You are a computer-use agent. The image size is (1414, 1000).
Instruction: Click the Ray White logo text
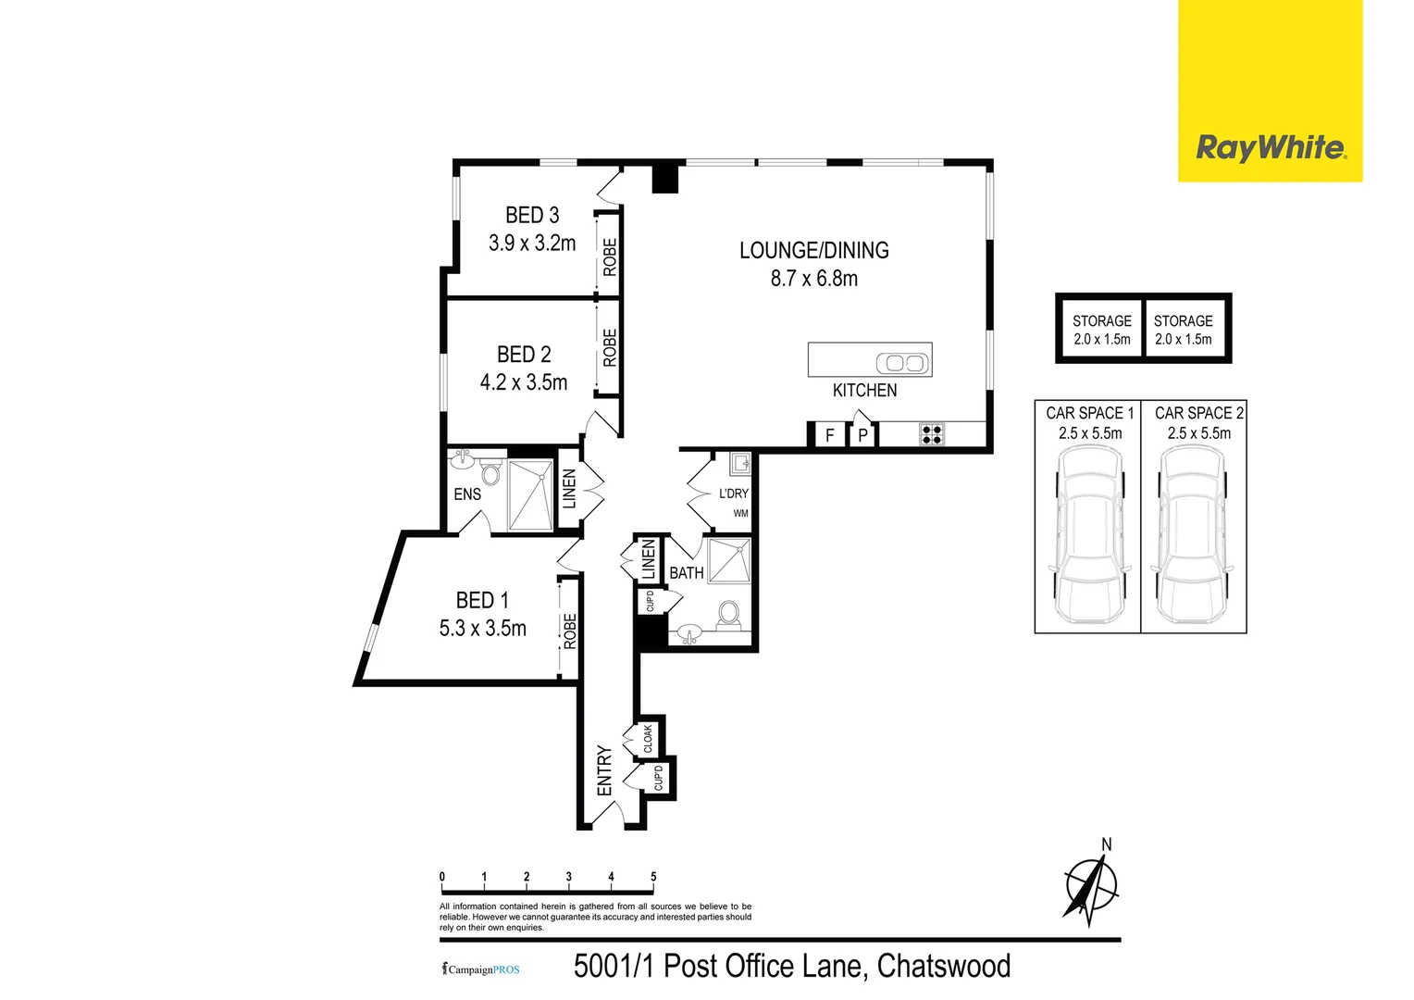(1270, 148)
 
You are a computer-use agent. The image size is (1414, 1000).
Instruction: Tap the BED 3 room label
(532, 216)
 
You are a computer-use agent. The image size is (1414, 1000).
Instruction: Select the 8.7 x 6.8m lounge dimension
(814, 279)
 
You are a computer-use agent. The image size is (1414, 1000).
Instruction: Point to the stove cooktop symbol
(931, 434)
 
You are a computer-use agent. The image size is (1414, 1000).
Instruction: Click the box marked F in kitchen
(829, 434)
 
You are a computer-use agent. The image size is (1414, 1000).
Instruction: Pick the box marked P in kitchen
(862, 434)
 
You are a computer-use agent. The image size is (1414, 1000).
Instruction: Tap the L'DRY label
(733, 494)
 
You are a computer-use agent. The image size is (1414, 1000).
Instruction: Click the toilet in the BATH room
(728, 613)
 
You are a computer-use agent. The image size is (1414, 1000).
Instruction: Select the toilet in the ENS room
(490, 474)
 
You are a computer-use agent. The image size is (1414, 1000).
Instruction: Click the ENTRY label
(605, 770)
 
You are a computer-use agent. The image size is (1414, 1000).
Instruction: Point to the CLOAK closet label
(649, 739)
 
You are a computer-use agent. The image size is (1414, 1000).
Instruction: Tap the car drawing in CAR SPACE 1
(1088, 535)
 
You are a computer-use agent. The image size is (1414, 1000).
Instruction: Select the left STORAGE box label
(1101, 321)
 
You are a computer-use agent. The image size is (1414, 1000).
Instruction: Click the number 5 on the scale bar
(653, 877)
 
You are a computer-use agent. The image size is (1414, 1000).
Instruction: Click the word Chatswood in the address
(943, 967)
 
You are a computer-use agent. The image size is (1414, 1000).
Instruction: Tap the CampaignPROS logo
(481, 969)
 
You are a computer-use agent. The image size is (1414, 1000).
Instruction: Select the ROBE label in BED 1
(570, 631)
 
